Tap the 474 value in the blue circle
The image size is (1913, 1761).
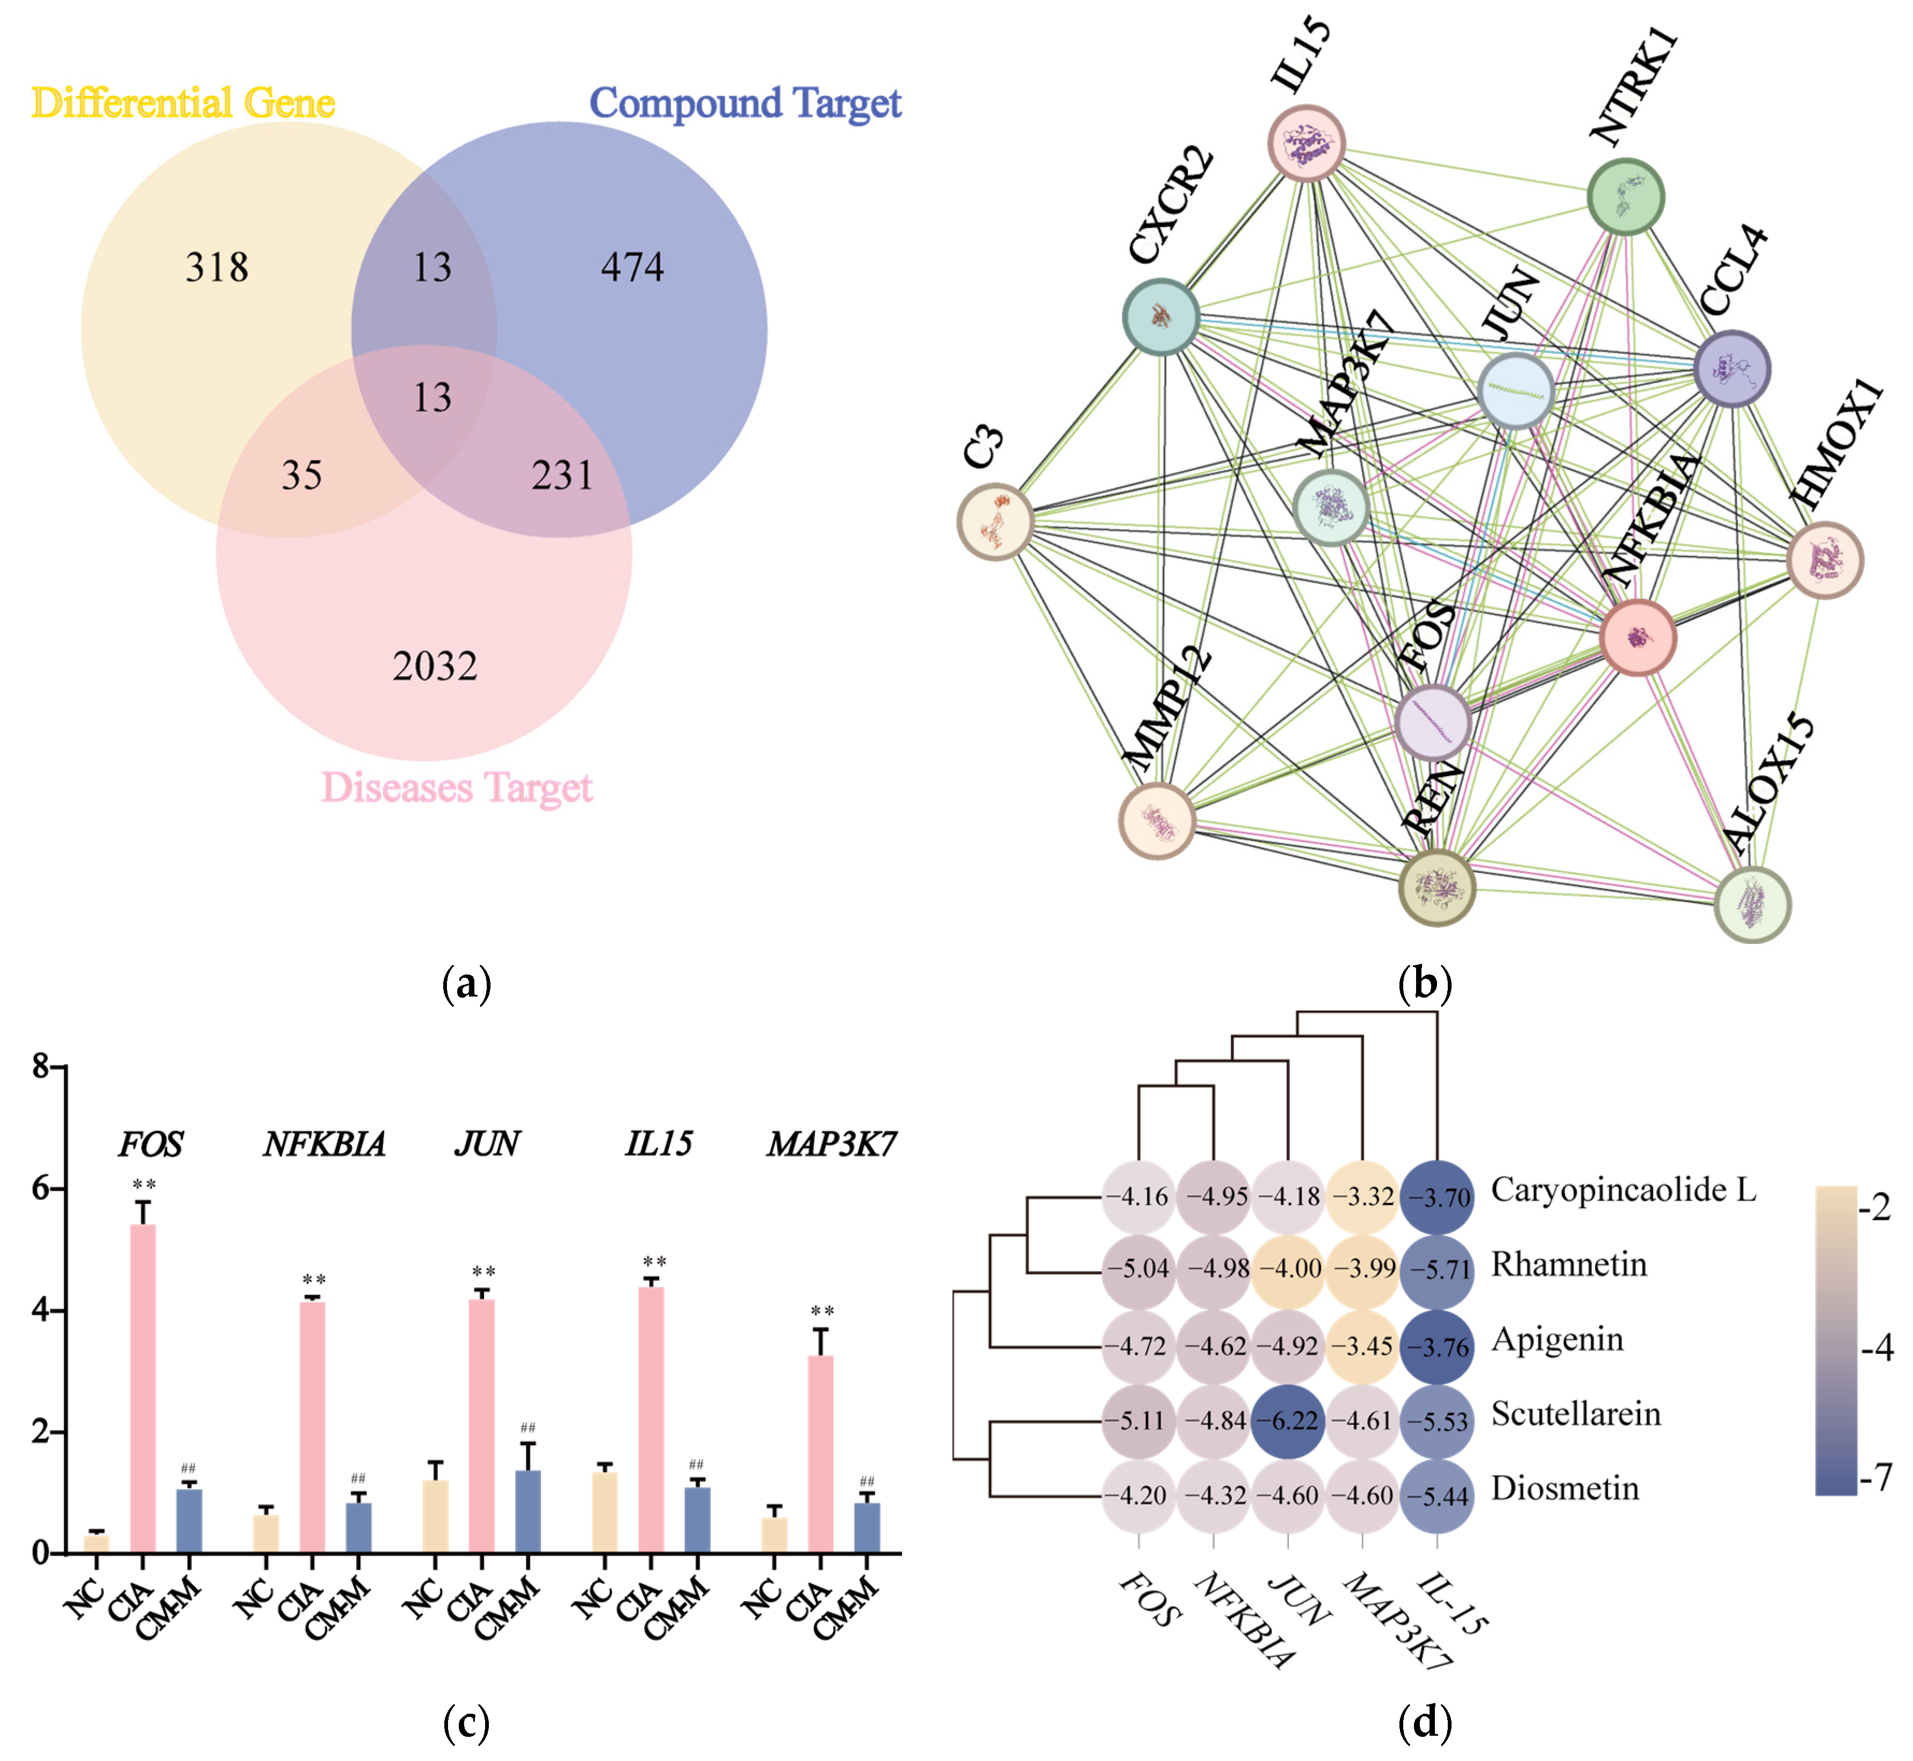point(632,267)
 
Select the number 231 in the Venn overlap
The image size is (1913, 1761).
point(562,474)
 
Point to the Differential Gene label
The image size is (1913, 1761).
point(183,103)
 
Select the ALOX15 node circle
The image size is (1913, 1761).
point(1752,904)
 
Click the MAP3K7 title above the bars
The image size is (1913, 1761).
point(832,1144)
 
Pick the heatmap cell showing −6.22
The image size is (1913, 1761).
point(1288,1421)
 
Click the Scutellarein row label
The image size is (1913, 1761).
point(1576,1414)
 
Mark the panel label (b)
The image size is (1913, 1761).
point(1424,984)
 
